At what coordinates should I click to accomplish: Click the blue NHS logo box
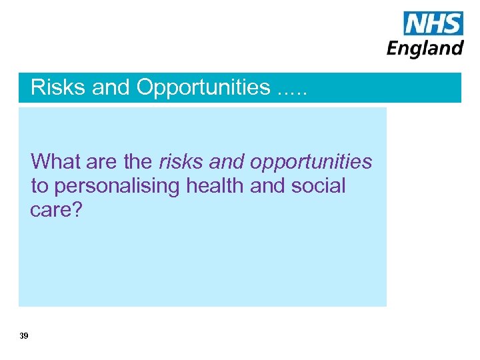[x=433, y=23]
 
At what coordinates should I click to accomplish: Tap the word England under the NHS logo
[x=425, y=48]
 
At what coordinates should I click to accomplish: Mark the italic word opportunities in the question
[x=312, y=163]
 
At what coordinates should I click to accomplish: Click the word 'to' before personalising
[x=40, y=186]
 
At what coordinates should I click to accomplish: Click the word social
[x=319, y=186]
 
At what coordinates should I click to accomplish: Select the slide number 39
[x=24, y=336]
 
